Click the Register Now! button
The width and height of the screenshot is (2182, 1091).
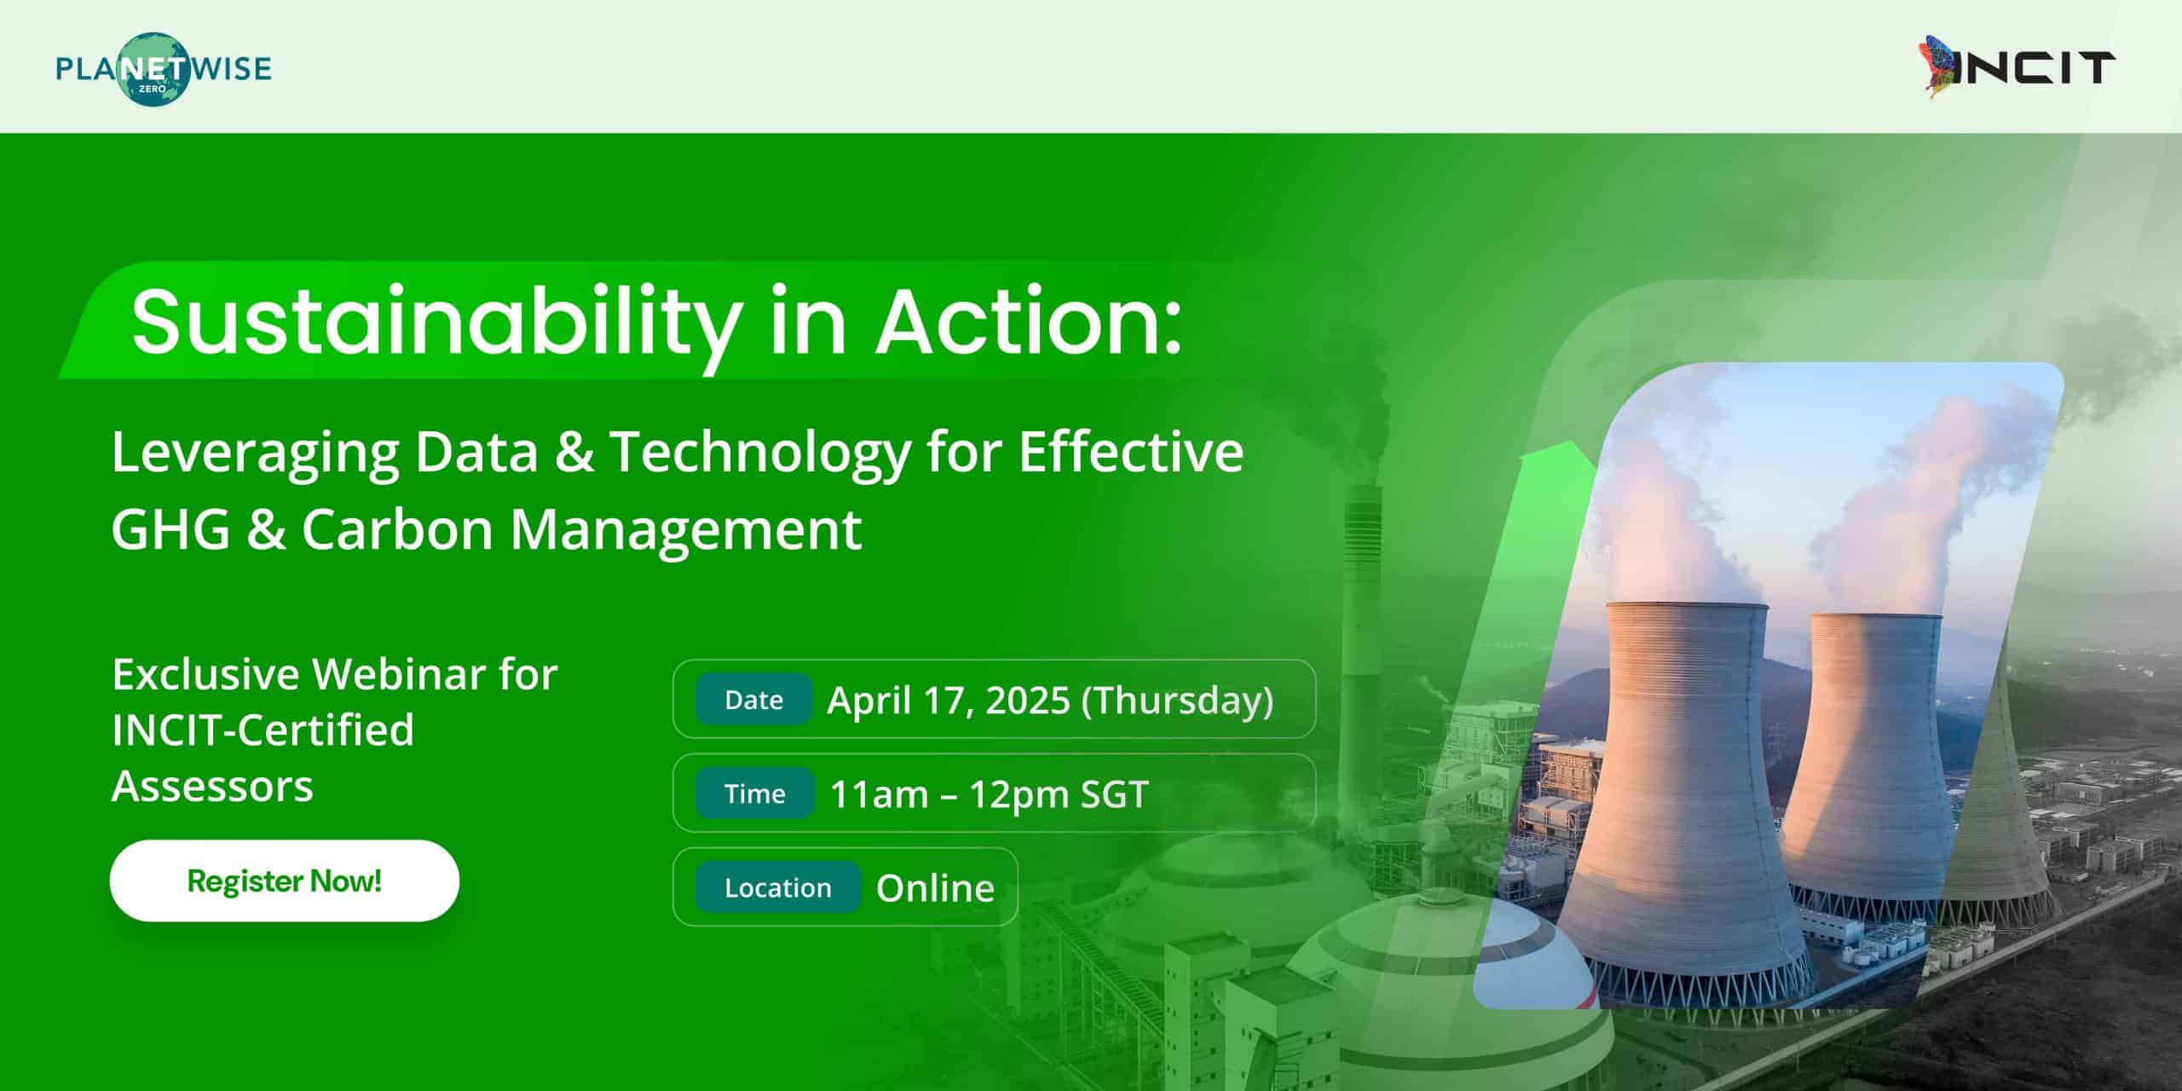coord(284,880)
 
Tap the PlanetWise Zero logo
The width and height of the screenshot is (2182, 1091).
coord(164,68)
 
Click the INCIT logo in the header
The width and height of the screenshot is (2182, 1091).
coord(2021,68)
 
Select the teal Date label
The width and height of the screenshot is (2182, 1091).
coord(753,700)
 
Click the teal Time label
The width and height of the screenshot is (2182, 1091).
coord(754,794)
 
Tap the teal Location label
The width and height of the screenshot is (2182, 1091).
coord(777,887)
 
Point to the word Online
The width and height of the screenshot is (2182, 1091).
coord(935,888)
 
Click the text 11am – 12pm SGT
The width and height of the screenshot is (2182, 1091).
coord(989,794)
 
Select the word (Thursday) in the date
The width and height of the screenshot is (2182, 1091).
coord(1178,701)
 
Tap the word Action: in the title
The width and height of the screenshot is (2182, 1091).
coord(1029,322)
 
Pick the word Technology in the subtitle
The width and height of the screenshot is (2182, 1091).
coord(761,453)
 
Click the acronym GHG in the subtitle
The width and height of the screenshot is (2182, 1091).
coord(170,529)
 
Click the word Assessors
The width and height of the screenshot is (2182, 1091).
coord(212,786)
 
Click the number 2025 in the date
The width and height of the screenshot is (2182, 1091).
coord(1027,701)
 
